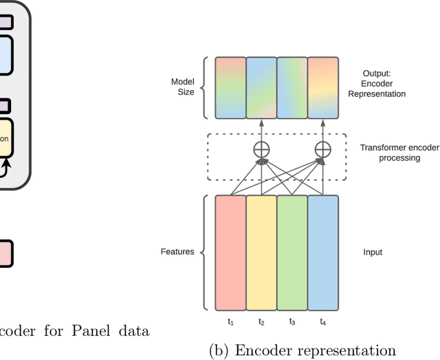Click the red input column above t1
point(230,252)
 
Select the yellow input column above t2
point(261,252)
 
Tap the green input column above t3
point(292,252)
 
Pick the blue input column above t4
point(323,252)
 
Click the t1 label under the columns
point(230,322)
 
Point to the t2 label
point(261,322)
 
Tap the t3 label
point(292,322)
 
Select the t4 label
point(323,322)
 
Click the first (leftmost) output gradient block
point(230,87)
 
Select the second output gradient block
point(261,87)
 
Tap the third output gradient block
point(292,87)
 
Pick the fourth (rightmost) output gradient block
point(323,87)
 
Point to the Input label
point(373,252)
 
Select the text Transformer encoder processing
point(390,153)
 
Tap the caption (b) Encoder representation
point(302,350)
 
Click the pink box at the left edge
point(6,252)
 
